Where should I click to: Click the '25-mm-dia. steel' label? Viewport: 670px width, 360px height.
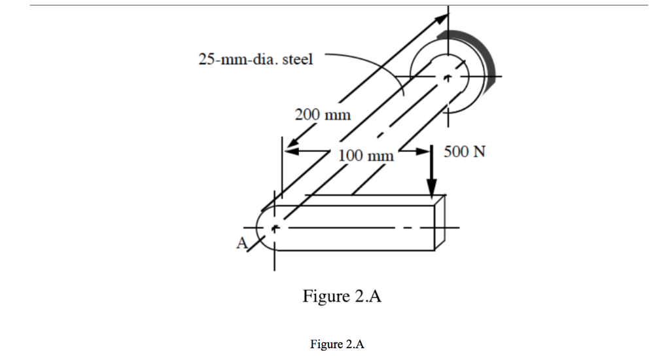pos(256,60)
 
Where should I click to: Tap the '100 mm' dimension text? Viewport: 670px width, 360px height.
pos(366,156)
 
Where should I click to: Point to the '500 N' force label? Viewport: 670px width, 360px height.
pos(465,153)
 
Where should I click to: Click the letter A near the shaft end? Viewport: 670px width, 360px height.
pos(242,243)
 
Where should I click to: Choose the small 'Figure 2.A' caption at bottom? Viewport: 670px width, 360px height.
pos(336,344)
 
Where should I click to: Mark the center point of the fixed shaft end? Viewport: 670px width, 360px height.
pos(448,77)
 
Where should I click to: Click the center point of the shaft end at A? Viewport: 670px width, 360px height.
pos(275,228)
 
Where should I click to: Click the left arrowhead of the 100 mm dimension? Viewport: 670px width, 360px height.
pos(289,151)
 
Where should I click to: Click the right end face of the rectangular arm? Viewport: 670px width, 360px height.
pos(440,223)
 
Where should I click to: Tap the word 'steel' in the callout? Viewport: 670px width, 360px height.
pos(298,60)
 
